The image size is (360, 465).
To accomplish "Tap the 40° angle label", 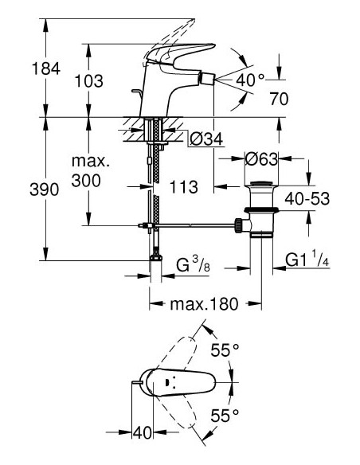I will click(x=249, y=80).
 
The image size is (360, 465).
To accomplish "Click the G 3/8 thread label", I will click(x=191, y=263).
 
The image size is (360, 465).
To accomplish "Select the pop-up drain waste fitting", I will click(x=260, y=211).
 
